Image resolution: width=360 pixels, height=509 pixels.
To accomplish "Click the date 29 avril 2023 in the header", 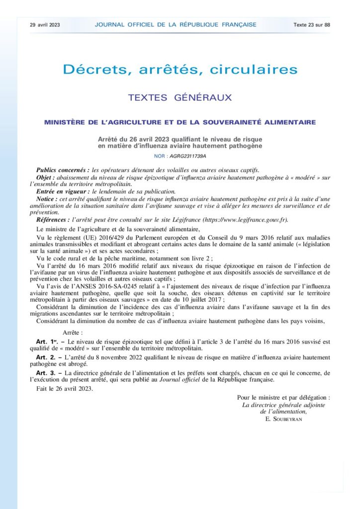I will pyautogui.click(x=45, y=24).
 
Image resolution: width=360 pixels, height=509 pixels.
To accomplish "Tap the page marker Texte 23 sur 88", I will pyautogui.click(x=312, y=24).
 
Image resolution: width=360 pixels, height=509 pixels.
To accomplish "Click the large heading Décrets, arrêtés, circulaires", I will pyautogui.click(x=180, y=69).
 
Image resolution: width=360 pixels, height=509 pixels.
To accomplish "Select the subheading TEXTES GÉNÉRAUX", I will pyautogui.click(x=180, y=98).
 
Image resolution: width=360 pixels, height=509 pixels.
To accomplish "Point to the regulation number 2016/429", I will pyautogui.click(x=112, y=237).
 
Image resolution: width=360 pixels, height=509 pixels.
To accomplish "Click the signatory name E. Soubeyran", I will pyautogui.click(x=284, y=419).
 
